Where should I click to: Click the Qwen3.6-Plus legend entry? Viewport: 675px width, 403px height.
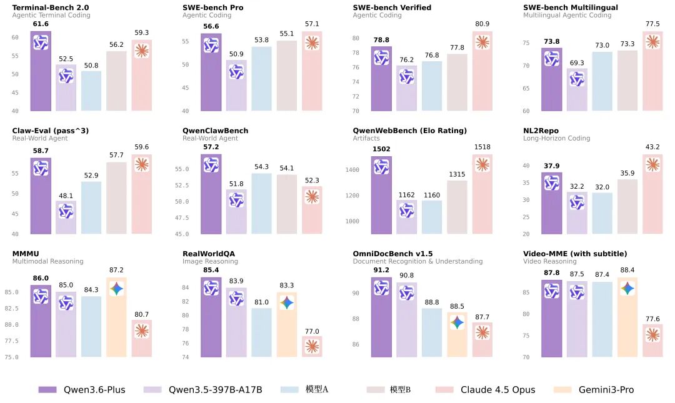pyautogui.click(x=82, y=390)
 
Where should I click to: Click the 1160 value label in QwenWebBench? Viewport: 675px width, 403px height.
pyautogui.click(x=431, y=195)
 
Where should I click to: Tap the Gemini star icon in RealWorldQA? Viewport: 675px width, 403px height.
pyautogui.click(x=286, y=302)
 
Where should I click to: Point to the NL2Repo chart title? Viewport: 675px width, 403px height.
pyautogui.click(x=541, y=131)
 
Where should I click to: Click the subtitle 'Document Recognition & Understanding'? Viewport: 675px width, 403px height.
pyautogui.click(x=417, y=261)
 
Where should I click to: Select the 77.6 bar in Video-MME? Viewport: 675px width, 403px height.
pyautogui.click(x=652, y=341)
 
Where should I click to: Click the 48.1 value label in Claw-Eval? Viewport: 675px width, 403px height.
pyautogui.click(x=66, y=196)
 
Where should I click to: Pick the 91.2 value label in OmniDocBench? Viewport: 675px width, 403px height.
pyautogui.click(x=381, y=270)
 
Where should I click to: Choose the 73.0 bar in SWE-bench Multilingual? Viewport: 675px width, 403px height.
pyautogui.click(x=602, y=81)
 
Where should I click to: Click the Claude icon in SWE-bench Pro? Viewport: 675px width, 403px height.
pyautogui.click(x=312, y=43)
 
